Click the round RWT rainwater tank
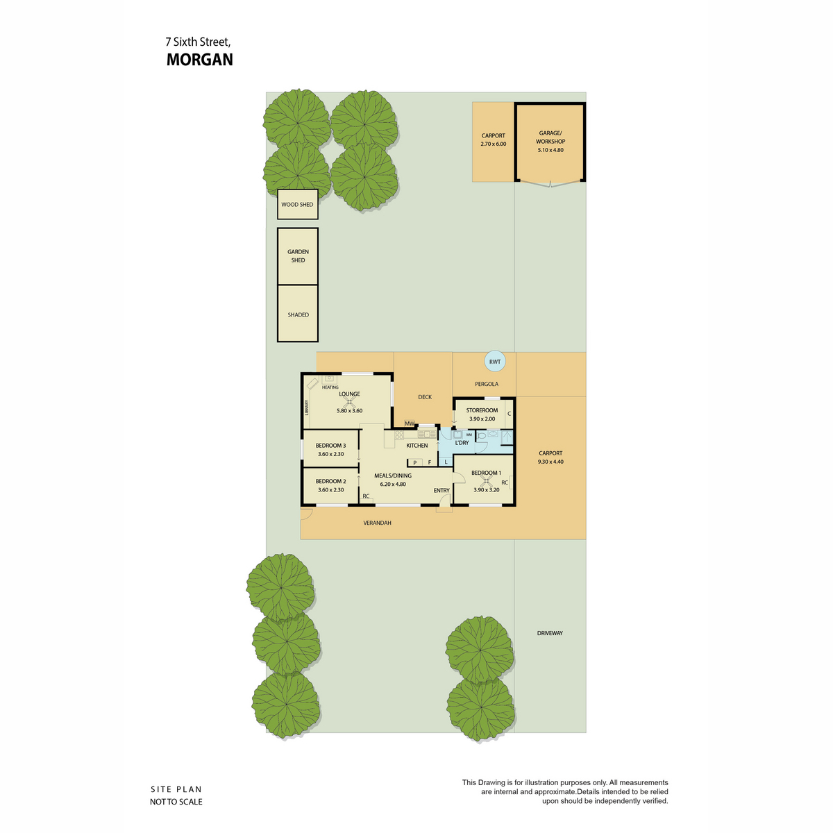pos(494,362)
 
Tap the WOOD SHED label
pos(297,205)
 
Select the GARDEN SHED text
pos(298,255)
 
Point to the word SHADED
pos(298,314)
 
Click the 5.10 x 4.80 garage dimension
pos(550,150)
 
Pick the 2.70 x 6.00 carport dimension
pos(494,144)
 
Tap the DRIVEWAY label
pos(550,633)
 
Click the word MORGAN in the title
pos(200,60)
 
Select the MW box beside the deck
pos(410,423)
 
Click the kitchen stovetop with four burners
pos(399,435)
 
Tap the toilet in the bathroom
pos(480,435)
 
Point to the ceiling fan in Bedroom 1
pos(487,479)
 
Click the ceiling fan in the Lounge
pos(349,401)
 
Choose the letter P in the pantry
pos(415,462)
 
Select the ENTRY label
pos(441,490)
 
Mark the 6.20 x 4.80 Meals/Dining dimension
pos(392,484)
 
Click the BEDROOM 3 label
pos(330,445)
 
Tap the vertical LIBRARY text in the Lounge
pos(307,407)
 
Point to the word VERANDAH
pos(377,523)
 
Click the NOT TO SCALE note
pos(176,802)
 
